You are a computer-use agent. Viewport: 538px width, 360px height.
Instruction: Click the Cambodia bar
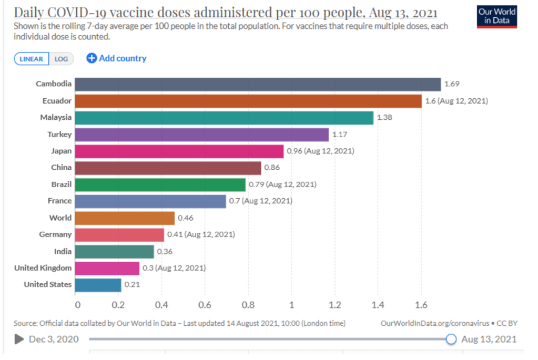pyautogui.click(x=258, y=84)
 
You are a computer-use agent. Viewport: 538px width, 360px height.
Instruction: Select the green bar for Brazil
pyautogui.click(x=160, y=184)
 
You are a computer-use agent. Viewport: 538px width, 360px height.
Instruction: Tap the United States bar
pyautogui.click(x=98, y=285)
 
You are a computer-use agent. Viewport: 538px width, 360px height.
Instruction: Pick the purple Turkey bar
pyautogui.click(x=201, y=135)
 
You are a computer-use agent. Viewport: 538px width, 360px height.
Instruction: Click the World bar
pyautogui.click(x=125, y=218)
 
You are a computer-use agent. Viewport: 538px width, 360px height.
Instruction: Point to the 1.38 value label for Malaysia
pyautogui.click(x=384, y=118)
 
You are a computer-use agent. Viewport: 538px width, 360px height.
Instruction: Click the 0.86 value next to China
pyautogui.click(x=272, y=168)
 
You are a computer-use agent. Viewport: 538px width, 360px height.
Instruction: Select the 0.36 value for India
pyautogui.click(x=165, y=252)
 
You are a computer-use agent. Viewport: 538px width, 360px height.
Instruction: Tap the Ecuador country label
pyautogui.click(x=57, y=100)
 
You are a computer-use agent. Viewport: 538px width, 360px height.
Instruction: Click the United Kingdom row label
pyautogui.click(x=43, y=268)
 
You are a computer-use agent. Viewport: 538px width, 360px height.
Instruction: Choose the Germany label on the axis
pyautogui.click(x=55, y=234)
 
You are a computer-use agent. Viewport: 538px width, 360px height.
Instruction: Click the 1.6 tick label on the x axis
pyautogui.click(x=420, y=304)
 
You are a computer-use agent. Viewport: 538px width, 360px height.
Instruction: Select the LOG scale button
pyautogui.click(x=62, y=59)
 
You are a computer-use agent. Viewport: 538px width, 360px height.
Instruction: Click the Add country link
pyautogui.click(x=117, y=58)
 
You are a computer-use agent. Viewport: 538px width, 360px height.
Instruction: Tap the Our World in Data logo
pyautogui.click(x=497, y=16)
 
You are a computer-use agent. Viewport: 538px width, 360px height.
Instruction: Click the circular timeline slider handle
pyautogui.click(x=451, y=339)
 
